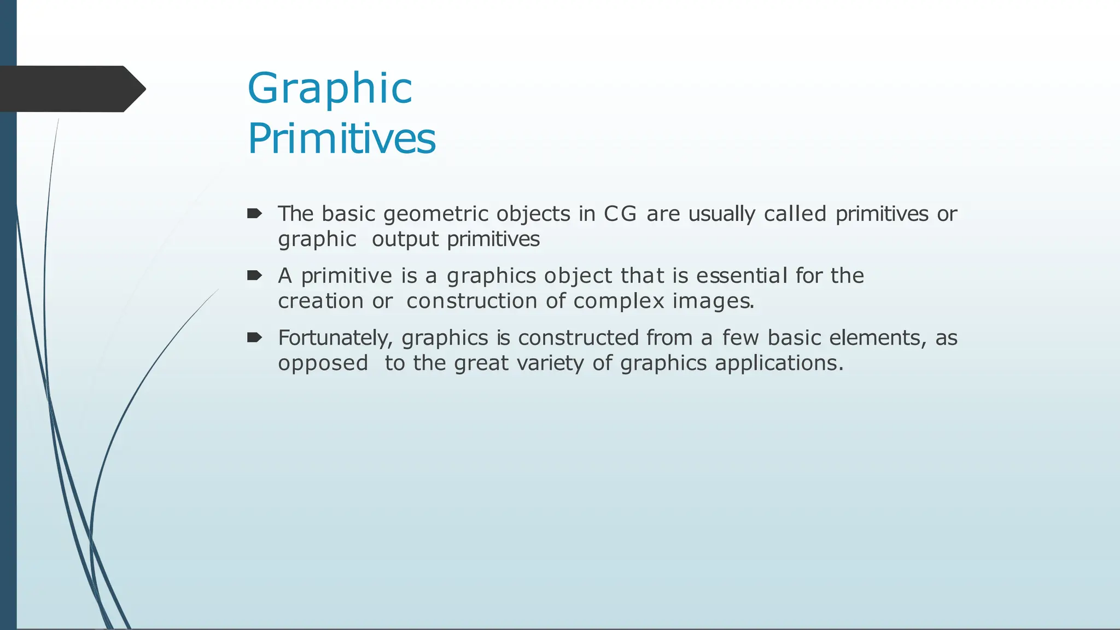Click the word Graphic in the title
point(330,89)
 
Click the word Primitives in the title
point(342,139)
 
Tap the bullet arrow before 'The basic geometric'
point(254,213)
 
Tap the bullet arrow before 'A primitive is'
point(254,275)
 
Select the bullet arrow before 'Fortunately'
point(254,337)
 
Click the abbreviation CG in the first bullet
point(620,214)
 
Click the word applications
point(779,364)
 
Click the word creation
point(320,301)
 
